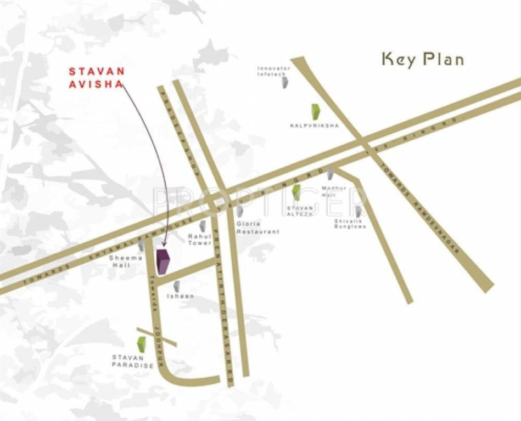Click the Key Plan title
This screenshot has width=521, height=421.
coord(422,59)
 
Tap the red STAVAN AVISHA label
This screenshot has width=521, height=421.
coord(97,78)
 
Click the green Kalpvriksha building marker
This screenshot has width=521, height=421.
coord(315,112)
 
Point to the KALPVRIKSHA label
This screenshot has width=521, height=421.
coord(315,126)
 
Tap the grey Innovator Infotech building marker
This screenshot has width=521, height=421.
coord(285,83)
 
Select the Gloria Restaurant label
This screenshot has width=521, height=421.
coord(257,227)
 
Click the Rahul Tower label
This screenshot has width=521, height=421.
coord(199,240)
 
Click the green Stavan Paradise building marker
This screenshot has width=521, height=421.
coord(141,344)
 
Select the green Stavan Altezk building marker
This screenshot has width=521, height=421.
coord(296,192)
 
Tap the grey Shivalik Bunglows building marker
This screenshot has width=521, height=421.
coord(358,211)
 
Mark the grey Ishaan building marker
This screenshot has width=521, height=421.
coord(176,286)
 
